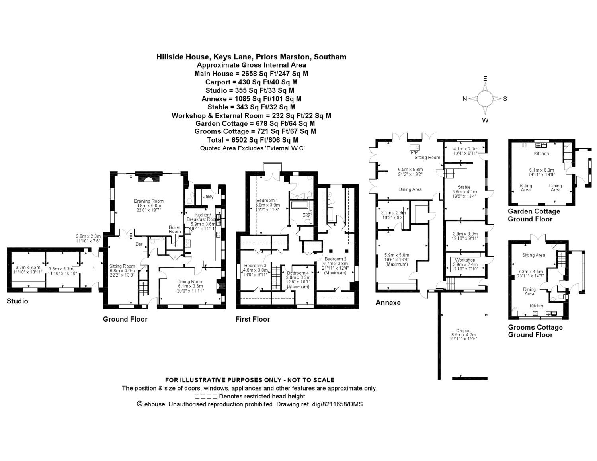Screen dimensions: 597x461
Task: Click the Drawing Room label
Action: point(148,201)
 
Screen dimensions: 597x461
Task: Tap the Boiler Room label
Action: point(175,229)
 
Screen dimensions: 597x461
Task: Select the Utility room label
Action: point(208,197)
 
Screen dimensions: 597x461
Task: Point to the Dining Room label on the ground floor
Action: point(190,282)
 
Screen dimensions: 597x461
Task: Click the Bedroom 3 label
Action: point(255,266)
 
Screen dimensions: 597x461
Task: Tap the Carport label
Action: point(464,330)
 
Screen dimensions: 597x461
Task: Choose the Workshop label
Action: point(465,260)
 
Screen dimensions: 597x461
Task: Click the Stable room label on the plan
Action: point(464,187)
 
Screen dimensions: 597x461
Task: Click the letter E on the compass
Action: point(485,79)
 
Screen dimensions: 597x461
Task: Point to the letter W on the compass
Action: point(485,120)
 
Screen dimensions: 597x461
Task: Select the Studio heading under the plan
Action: point(18,301)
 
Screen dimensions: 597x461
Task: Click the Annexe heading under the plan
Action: point(388,303)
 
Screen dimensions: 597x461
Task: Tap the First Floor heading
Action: point(253,319)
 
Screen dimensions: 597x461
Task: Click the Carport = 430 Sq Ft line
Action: point(251,82)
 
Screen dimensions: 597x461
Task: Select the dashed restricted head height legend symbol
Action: point(206,397)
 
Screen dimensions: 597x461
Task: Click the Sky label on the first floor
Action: point(306,215)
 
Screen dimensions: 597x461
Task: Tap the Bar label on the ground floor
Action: point(139,244)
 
